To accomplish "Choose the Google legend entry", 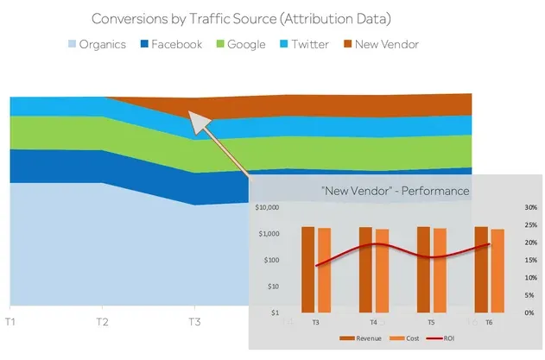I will pos(238,44).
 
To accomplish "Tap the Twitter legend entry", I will pos(303,44).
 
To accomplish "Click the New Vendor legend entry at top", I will pos(381,44).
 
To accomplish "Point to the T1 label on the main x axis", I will pos(10,322).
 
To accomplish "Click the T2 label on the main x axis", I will pos(103,322).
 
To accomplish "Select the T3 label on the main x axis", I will pos(194,322).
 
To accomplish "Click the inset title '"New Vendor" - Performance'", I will pos(395,190).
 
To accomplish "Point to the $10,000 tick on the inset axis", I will pos(270,208).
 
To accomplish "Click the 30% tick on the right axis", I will pos(530,208).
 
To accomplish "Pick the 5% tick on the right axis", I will pos(530,295).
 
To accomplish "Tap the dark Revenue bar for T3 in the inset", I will pos(308,268).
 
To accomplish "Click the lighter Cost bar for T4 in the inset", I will pos(382,270).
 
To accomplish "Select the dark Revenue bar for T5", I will pos(423,268).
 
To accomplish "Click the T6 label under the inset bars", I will pos(489,321).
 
